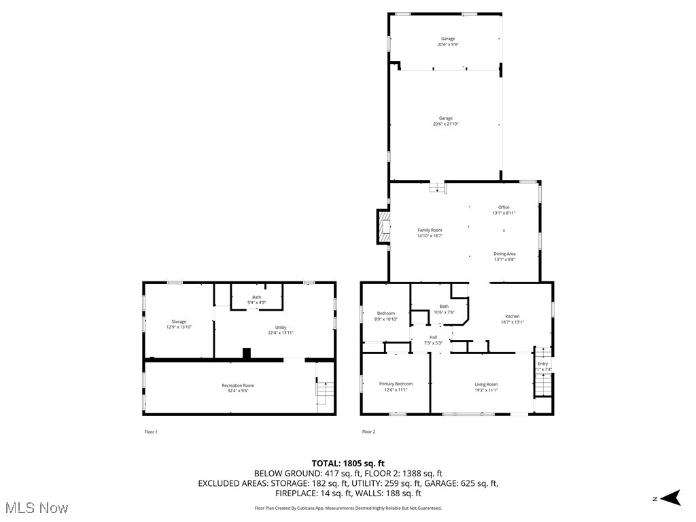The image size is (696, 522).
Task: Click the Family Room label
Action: (430, 230)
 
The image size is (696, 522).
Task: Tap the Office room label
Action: (504, 207)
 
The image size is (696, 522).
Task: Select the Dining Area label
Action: (504, 254)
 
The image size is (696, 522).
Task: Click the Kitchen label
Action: (512, 316)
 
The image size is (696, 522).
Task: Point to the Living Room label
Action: (486, 385)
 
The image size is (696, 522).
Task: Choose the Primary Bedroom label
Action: (396, 385)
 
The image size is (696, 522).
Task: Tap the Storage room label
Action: (179, 321)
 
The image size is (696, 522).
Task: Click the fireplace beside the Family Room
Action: (384, 226)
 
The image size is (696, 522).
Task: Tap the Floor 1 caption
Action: (151, 432)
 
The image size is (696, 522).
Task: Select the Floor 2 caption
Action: (368, 432)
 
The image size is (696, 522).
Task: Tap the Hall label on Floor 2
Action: (433, 337)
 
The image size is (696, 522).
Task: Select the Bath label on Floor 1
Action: (256, 297)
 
